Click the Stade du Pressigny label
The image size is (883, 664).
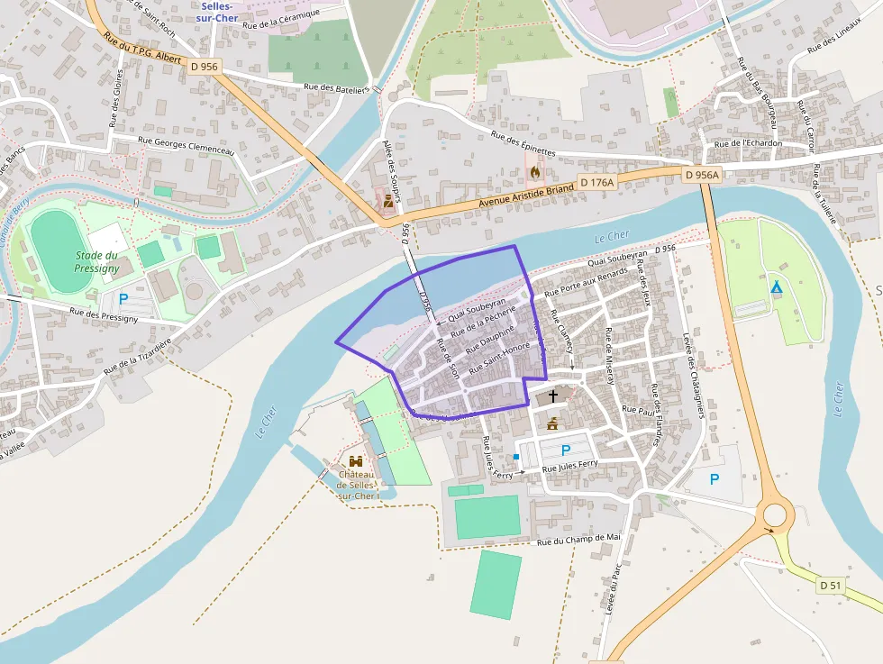pos(96,262)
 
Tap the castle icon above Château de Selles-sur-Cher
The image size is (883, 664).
pos(356,461)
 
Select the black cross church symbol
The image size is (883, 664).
pos(552,396)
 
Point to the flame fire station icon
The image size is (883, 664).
pos(535,171)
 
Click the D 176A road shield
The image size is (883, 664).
pos(596,182)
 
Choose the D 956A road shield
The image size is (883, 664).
pos(702,175)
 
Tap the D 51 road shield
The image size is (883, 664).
pos(831,586)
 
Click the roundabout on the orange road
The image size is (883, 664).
pos(774,515)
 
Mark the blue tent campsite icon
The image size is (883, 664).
pos(776,287)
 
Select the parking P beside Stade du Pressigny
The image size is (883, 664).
pos(123,298)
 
